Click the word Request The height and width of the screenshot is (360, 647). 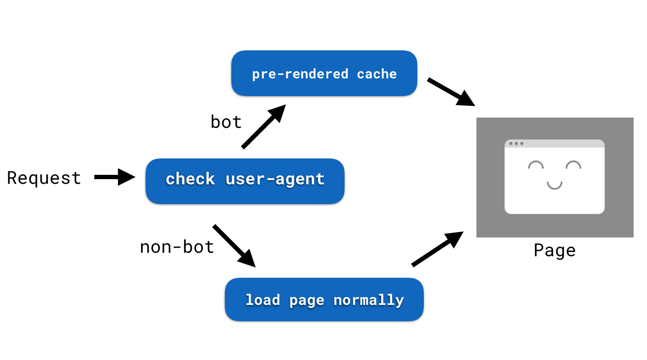click(44, 178)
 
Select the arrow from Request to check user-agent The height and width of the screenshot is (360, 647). click(114, 177)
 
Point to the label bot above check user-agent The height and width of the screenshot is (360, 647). click(226, 122)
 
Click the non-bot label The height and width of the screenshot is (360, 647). click(177, 247)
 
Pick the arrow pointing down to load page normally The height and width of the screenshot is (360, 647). click(234, 245)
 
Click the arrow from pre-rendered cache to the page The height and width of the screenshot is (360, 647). click(451, 92)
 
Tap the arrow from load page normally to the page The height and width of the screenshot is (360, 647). click(437, 249)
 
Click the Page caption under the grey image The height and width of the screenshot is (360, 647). click(554, 251)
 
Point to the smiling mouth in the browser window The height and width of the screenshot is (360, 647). click(554, 186)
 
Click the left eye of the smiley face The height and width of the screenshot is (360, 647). click(536, 165)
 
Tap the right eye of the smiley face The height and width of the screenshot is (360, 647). click(573, 165)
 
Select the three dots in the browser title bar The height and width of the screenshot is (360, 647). click(516, 143)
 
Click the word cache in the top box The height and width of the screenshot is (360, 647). click(376, 74)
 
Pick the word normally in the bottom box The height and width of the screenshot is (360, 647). click(369, 300)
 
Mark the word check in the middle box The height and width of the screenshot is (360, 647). click(190, 179)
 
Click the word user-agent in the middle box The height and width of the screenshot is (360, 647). click(275, 179)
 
